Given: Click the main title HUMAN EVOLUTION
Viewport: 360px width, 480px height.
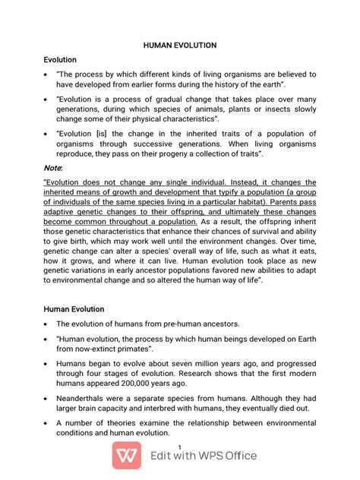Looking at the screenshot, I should click(180, 46).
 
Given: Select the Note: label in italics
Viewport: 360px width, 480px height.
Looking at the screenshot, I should click(54, 166).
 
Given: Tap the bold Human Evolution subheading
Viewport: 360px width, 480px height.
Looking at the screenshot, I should click(74, 309).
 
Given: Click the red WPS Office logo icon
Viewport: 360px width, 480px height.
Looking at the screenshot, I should click(128, 456).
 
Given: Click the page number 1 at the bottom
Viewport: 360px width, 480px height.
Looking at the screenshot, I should click(179, 445).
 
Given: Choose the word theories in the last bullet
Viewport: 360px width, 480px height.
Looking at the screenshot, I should click(111, 421).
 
